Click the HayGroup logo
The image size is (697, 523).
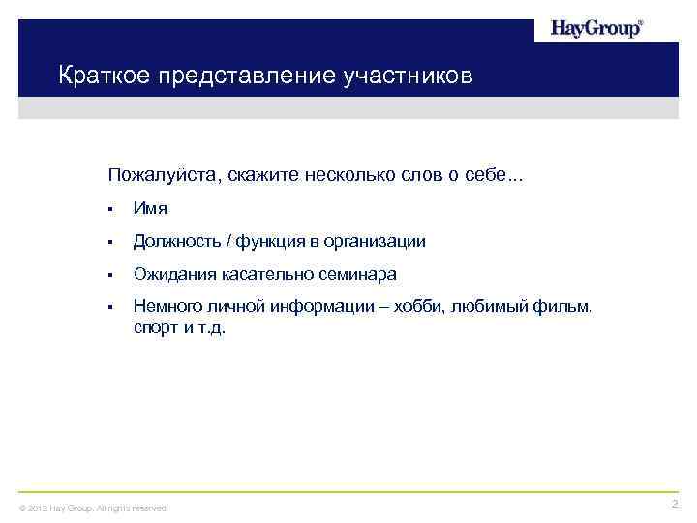tap(596, 29)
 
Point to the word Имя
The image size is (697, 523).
tap(150, 208)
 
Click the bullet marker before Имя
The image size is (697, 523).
tap(112, 209)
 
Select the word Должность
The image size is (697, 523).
tap(176, 241)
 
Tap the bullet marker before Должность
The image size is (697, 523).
tap(112, 242)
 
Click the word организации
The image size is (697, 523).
tap(376, 241)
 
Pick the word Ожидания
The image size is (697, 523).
tap(173, 274)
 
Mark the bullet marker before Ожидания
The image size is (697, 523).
tap(112, 275)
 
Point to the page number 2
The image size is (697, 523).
tap(674, 504)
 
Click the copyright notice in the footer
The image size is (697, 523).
tap(93, 508)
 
